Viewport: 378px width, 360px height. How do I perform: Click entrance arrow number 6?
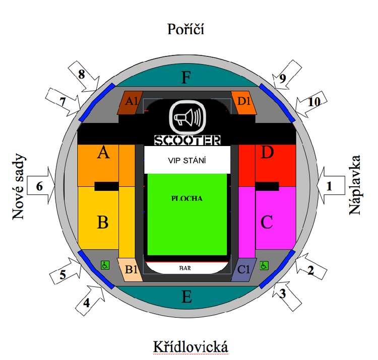[41, 185]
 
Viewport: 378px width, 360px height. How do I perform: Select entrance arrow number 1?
[331, 185]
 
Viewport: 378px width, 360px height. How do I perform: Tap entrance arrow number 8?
[83, 76]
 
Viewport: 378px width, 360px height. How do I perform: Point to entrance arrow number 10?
[311, 104]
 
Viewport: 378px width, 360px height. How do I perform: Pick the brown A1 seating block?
[130, 103]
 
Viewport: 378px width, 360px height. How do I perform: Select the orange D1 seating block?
[244, 103]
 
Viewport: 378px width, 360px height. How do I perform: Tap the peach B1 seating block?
[130, 270]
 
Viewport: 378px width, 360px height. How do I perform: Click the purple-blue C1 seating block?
[244, 270]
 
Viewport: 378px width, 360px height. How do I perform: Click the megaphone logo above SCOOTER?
[187, 117]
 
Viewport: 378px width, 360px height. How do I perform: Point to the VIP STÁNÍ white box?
[187, 160]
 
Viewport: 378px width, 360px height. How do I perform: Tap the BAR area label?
[185, 268]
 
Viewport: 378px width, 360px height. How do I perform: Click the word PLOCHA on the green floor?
[187, 198]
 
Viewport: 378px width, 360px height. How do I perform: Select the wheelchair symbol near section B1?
[105, 265]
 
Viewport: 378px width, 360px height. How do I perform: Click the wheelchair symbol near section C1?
[264, 266]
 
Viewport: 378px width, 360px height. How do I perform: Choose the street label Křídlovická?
[191, 347]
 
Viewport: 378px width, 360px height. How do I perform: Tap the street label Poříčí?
[185, 29]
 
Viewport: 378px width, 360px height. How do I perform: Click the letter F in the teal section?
[186, 78]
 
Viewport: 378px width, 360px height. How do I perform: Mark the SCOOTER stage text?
[187, 140]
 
